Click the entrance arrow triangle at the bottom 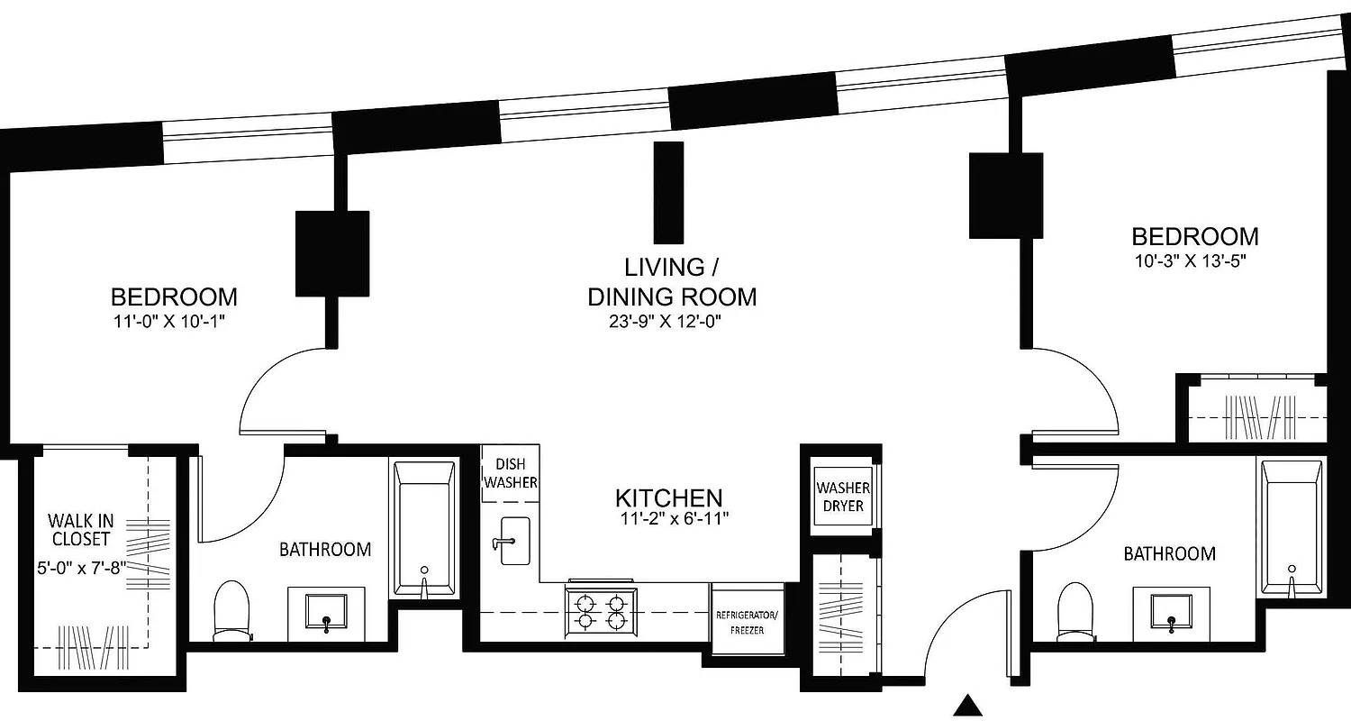[x=968, y=706]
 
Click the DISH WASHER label [x=511, y=473]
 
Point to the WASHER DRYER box [x=842, y=497]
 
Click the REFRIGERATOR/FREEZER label [x=747, y=623]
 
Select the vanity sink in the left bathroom [x=325, y=610]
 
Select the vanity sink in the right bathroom [x=1171, y=611]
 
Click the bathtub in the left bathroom [x=425, y=527]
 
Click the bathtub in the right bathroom [x=1292, y=527]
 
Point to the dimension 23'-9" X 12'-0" [x=671, y=322]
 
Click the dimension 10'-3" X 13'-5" [x=1194, y=261]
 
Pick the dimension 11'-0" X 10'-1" [x=174, y=321]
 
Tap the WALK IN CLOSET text [x=80, y=530]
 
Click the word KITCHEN [x=668, y=497]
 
